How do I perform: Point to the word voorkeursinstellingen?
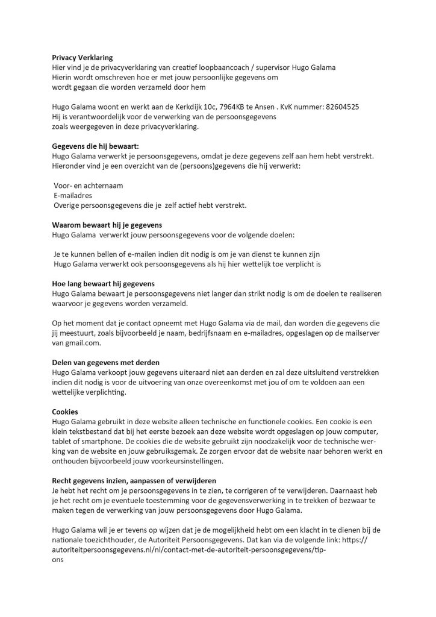point(178,461)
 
